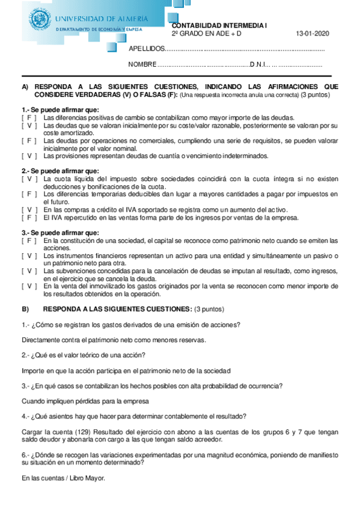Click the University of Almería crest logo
(x=41, y=18)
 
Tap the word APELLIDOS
(x=146, y=49)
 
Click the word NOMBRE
(x=142, y=64)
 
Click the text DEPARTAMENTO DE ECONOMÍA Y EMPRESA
(x=99, y=29)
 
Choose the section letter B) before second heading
(x=25, y=309)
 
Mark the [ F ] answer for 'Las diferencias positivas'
(x=29, y=118)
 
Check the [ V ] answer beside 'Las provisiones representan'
(x=29, y=156)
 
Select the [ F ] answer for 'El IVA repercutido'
(x=29, y=217)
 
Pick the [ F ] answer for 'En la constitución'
(x=29, y=241)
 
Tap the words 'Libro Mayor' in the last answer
(x=89, y=478)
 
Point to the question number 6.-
(x=25, y=455)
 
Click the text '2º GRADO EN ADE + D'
(x=206, y=34)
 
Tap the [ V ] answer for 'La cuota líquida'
(x=29, y=179)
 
